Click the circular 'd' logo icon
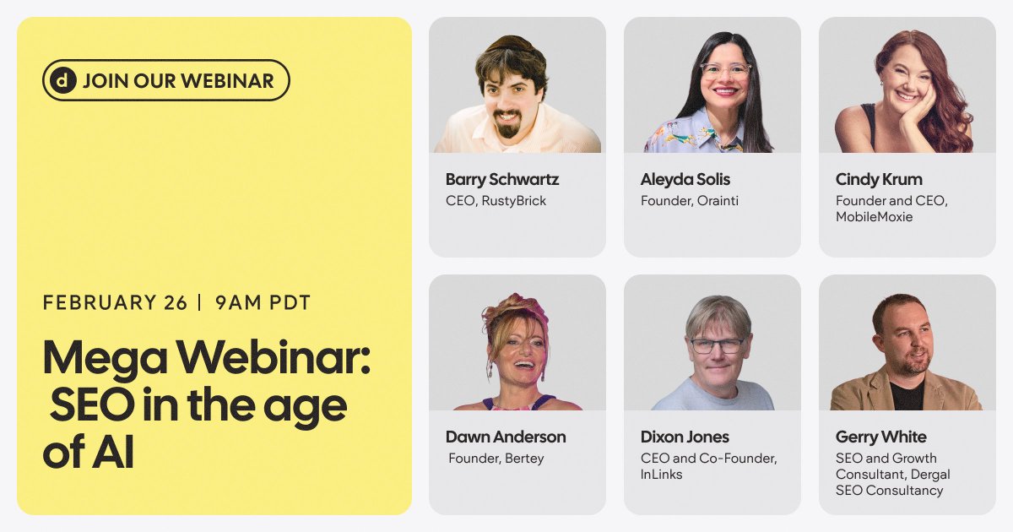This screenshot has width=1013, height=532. (63, 81)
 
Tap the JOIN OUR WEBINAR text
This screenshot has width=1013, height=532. (178, 81)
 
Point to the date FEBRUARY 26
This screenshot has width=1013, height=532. (115, 302)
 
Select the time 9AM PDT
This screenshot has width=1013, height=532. (263, 302)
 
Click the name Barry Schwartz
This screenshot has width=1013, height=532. (502, 179)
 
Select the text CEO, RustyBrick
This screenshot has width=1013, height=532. (496, 201)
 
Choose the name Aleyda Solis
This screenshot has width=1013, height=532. (685, 179)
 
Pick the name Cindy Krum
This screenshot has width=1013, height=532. (879, 179)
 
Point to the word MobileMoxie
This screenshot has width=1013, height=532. (875, 217)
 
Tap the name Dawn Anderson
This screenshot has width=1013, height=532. (506, 437)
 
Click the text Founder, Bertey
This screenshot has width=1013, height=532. (496, 459)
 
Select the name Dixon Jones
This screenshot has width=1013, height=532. (685, 437)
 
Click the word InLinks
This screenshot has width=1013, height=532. (662, 475)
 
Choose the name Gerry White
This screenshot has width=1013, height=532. (880, 437)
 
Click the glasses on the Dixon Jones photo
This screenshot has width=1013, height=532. (717, 345)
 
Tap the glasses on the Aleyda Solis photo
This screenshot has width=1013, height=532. (725, 70)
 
